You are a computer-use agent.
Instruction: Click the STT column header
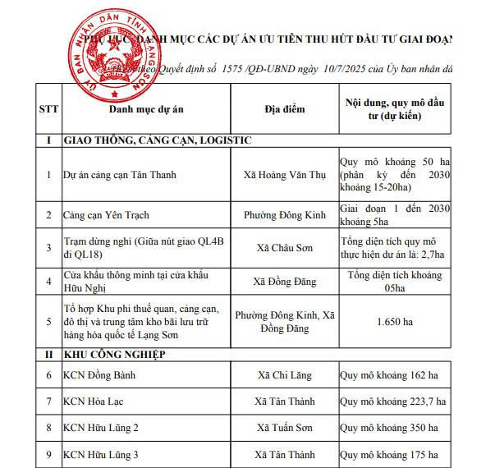click(48, 109)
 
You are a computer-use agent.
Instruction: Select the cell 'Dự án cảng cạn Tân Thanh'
click(120, 175)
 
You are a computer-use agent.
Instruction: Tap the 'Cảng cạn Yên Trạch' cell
click(106, 215)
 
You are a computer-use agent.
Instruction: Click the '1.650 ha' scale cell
click(388, 322)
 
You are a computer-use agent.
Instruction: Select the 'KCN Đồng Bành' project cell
click(100, 376)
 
